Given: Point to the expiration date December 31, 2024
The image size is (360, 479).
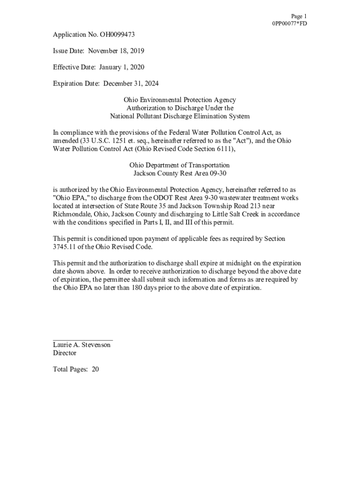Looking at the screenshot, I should click(130, 84).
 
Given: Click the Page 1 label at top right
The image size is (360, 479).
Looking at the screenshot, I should click(298, 16).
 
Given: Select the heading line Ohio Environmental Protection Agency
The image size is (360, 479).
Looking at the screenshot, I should click(180, 100).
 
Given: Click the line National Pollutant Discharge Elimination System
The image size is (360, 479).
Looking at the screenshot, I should click(180, 116).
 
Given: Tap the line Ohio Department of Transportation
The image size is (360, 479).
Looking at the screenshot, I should click(180, 165).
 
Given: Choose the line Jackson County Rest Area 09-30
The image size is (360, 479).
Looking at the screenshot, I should click(180, 174).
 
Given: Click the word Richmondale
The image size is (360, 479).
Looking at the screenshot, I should click(72, 214).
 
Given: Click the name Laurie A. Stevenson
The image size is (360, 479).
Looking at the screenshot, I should click(82, 345).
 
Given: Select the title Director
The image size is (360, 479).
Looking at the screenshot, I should click(65, 353).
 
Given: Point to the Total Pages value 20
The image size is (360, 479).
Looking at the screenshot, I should click(95, 370).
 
